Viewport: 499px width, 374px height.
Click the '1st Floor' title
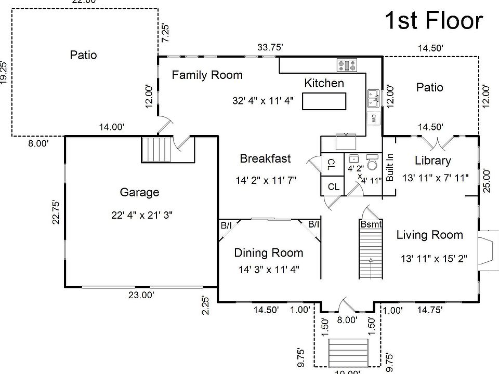click(434, 21)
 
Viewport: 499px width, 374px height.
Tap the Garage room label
click(139, 193)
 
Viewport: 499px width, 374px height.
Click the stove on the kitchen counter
click(347, 65)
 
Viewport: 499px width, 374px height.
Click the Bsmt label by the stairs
click(371, 224)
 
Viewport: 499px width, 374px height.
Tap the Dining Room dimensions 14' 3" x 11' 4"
click(268, 270)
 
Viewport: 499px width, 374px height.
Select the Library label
click(433, 161)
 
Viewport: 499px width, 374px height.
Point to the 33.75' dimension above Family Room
click(270, 47)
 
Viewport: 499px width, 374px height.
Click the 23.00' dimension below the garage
click(141, 295)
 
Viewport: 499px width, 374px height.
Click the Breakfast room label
click(265, 159)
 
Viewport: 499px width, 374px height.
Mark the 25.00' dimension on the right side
click(487, 180)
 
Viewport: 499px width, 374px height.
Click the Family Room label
click(207, 75)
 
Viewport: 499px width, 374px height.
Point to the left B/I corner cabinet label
click(226, 225)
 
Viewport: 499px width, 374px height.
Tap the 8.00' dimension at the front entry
click(347, 320)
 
